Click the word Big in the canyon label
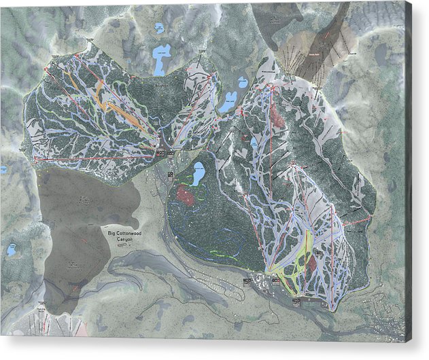pos(113,234)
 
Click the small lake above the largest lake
pos(159,29)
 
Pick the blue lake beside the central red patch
pos(199,175)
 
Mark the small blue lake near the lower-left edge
pos(12,251)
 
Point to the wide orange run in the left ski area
pos(112,103)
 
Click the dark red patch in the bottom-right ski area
pos(312,262)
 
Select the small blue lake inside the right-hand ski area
pos(254,143)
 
